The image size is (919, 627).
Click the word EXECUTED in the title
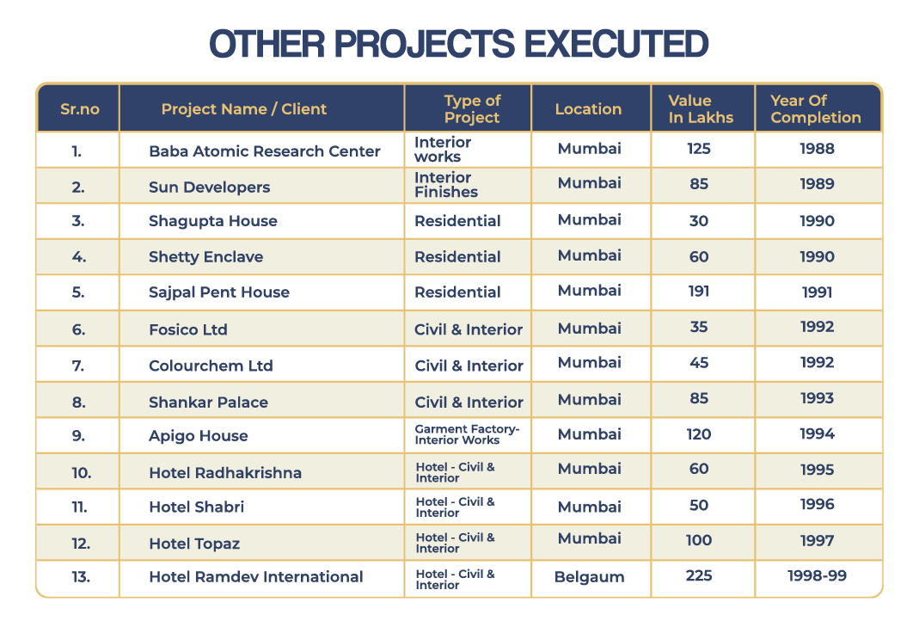[616, 44]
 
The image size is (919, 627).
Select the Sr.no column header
[80, 109]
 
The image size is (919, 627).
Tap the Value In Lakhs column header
[701, 109]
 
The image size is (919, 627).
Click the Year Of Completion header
[816, 109]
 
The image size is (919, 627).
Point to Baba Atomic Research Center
[264, 151]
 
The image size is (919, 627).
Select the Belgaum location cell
[589, 577]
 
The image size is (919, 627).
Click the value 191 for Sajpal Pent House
[699, 292]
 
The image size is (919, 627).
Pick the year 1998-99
[817, 576]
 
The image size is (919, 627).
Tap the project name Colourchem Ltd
[211, 366]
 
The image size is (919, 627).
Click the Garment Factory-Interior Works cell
[467, 434]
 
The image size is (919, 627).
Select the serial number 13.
[81, 577]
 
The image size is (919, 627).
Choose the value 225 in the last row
[699, 576]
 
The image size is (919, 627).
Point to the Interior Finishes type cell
[446, 185]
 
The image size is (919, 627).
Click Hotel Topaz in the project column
[194, 544]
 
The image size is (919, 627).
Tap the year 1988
[817, 149]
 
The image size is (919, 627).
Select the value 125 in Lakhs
[699, 149]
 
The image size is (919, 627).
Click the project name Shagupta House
[212, 221]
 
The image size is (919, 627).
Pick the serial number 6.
[78, 330]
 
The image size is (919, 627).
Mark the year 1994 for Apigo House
[817, 434]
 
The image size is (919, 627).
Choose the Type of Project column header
[472, 109]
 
